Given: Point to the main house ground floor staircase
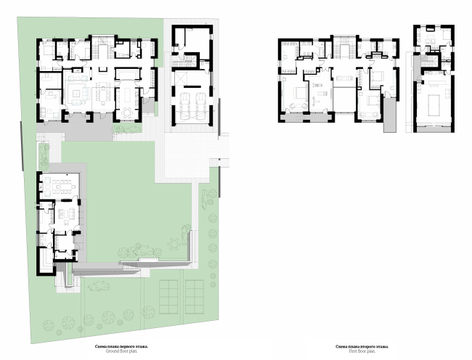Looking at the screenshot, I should [x=102, y=52].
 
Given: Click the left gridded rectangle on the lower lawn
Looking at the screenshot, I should [x=169, y=294].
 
